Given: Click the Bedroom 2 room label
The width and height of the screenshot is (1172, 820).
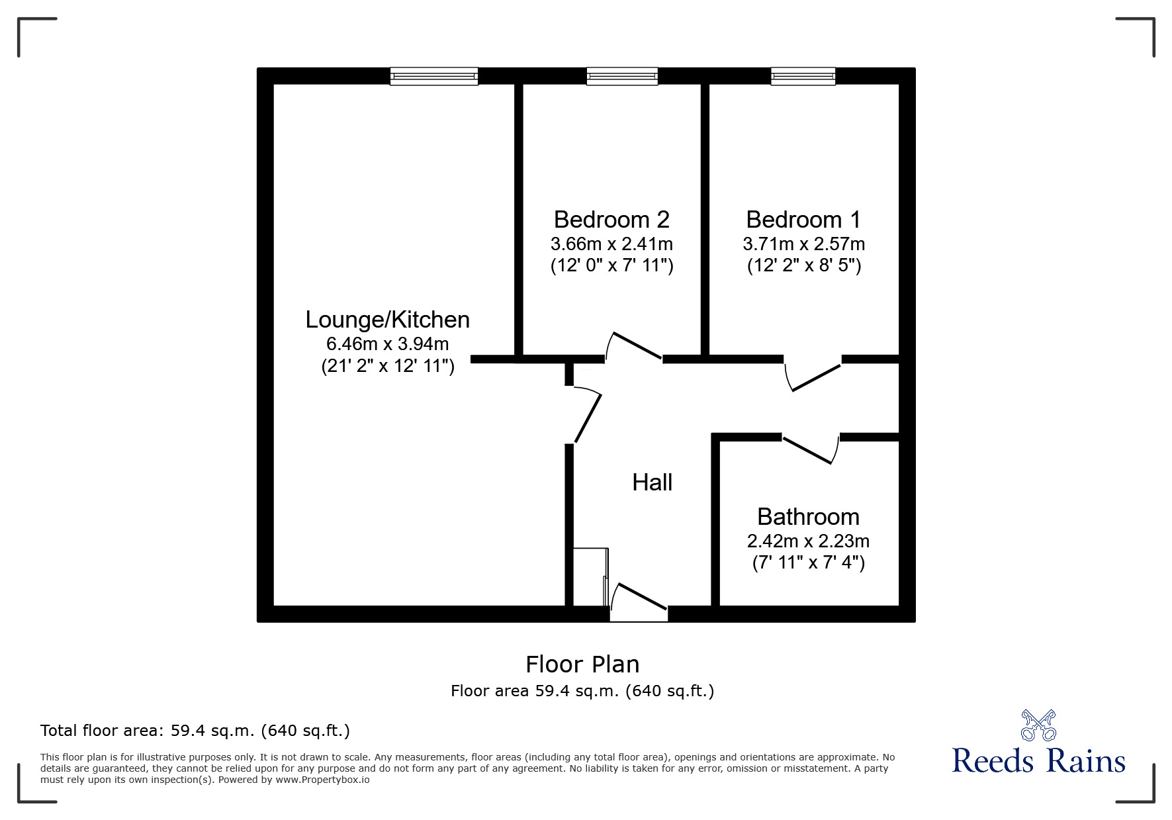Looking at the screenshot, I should click(611, 219).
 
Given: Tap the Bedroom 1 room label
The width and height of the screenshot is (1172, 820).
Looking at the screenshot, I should click(803, 219).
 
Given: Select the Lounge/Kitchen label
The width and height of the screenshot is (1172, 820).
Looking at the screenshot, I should click(387, 320).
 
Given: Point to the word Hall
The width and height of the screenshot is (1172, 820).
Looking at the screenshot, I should click(652, 482).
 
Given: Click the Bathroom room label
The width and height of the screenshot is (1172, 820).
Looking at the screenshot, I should click(808, 516).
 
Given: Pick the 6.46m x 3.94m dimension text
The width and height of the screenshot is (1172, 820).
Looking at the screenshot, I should click(387, 344).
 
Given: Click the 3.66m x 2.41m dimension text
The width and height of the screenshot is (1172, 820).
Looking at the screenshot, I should click(611, 244).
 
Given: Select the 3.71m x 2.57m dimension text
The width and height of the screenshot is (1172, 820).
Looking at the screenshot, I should click(803, 244).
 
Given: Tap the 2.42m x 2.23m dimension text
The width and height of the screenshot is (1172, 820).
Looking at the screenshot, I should click(808, 541).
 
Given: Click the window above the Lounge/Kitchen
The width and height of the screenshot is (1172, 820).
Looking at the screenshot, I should click(433, 76).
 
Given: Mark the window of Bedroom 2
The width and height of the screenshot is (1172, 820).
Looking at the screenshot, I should click(622, 76).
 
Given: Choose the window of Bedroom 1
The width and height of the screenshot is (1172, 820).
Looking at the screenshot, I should click(803, 76).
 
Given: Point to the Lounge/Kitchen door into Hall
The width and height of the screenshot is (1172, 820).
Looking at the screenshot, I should click(587, 417).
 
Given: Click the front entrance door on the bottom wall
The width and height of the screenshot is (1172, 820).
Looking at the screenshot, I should click(639, 600).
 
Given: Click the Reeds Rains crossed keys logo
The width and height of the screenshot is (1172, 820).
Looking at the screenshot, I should click(1038, 725).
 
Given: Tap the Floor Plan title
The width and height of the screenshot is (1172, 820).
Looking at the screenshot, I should click(582, 664).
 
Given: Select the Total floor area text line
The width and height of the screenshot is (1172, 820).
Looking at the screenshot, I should click(195, 731).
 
